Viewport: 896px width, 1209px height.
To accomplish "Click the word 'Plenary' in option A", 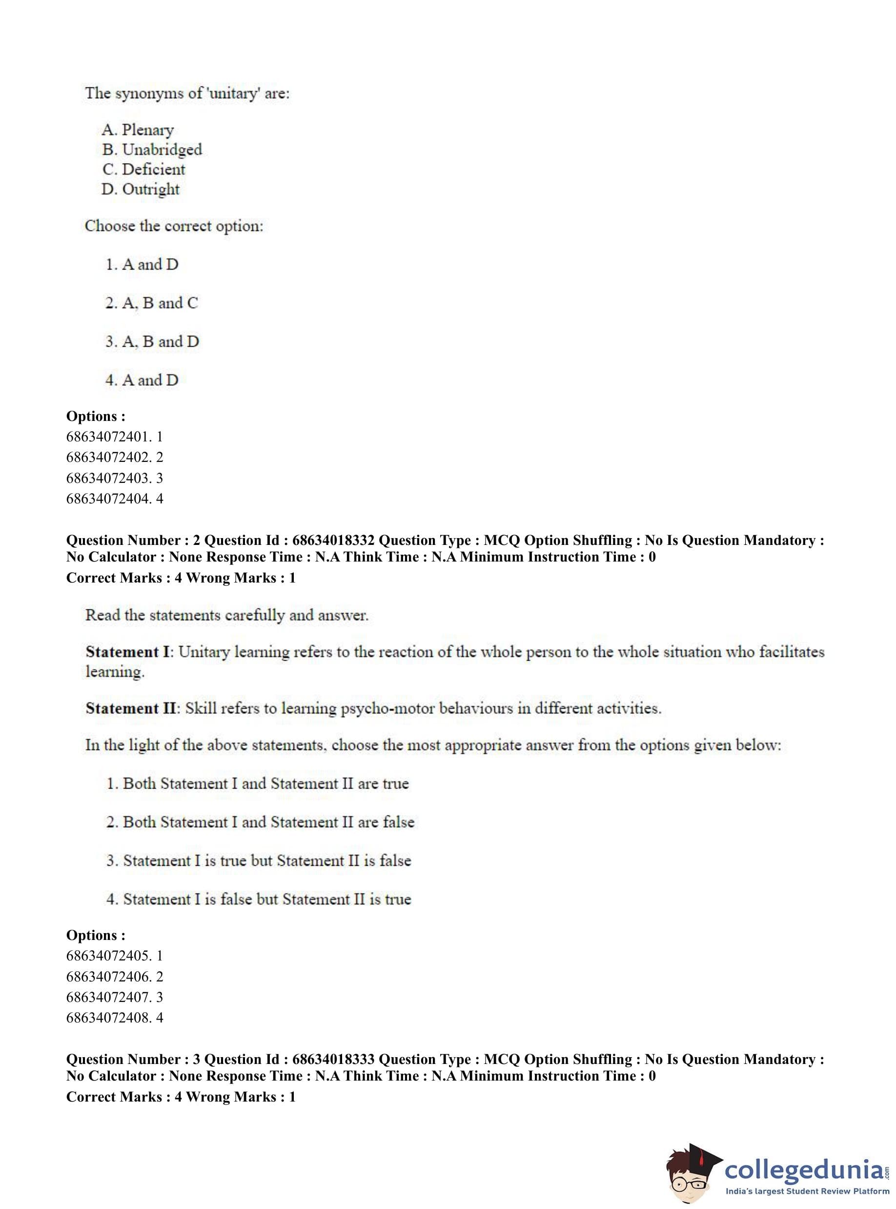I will (x=147, y=130).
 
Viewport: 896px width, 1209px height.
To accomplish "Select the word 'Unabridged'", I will (x=162, y=149).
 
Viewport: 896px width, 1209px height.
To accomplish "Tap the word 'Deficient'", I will (x=154, y=169).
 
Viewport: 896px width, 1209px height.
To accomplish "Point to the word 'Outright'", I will (x=151, y=189).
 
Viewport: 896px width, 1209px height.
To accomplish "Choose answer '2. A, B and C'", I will (x=151, y=303).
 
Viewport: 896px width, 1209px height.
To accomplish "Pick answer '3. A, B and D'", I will (x=152, y=341).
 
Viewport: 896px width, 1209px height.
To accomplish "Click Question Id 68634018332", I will (x=333, y=541).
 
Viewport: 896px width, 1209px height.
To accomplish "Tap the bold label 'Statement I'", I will (x=128, y=652).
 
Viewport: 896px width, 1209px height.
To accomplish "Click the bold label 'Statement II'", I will (x=131, y=708).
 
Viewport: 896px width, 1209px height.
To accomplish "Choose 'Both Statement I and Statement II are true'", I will (x=257, y=784).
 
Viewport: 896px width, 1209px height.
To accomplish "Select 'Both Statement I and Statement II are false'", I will (x=260, y=822).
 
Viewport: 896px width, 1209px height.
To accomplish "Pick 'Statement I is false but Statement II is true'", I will (x=258, y=899).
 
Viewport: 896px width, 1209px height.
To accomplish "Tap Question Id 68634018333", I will (x=333, y=1059).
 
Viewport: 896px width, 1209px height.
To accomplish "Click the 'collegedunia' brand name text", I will (x=804, y=1168).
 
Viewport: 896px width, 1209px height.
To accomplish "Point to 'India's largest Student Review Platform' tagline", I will (x=808, y=1191).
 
